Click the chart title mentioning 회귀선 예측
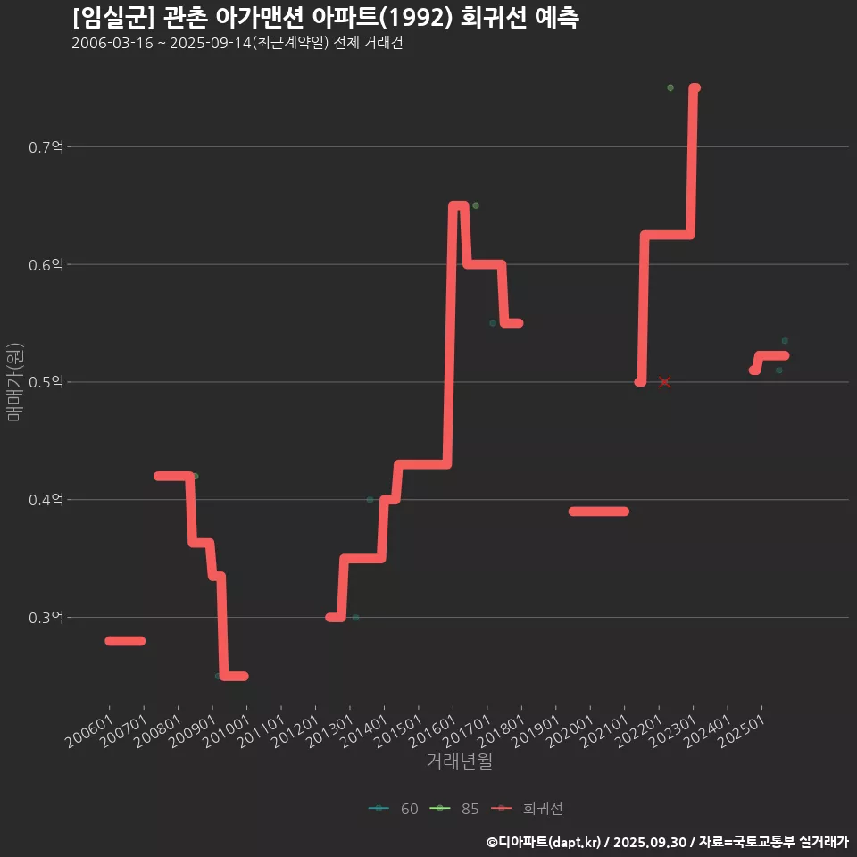(325, 18)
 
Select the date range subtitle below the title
(237, 44)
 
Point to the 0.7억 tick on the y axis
(46, 147)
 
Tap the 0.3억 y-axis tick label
(46, 618)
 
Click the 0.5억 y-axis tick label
(46, 382)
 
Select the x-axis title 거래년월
(459, 761)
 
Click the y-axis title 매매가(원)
(13, 382)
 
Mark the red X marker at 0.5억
(664, 382)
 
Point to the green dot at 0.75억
(670, 87)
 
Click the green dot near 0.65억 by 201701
(476, 205)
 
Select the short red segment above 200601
(125, 641)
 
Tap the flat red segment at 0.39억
(599, 512)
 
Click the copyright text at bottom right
(667, 842)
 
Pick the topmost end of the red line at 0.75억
(695, 87)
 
